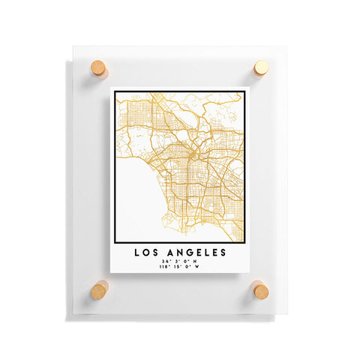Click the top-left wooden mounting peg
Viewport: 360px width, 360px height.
tap(99, 68)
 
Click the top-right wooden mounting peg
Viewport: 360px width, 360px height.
tap(260, 68)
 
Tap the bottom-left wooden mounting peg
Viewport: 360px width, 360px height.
tap(99, 289)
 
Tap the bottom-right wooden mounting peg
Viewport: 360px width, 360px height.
tap(260, 289)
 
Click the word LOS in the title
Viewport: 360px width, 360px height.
tap(146, 253)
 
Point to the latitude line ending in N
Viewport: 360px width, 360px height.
tap(179, 262)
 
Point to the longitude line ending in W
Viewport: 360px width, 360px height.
tap(179, 268)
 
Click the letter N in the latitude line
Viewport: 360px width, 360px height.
tap(196, 262)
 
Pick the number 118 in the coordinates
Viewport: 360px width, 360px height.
tap(163, 268)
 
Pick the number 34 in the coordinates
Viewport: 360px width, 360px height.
tap(165, 262)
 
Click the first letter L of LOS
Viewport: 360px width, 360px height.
tap(136, 253)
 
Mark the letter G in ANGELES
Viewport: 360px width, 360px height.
tap(190, 253)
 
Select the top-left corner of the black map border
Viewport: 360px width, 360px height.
tap(115, 92)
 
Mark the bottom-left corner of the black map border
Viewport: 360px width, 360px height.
tap(115, 242)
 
